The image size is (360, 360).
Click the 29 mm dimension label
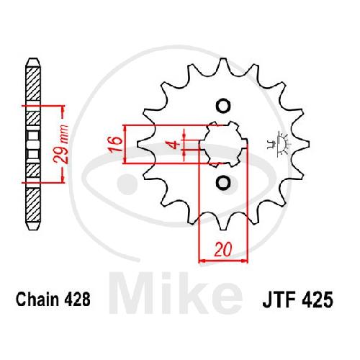pyautogui.click(x=61, y=144)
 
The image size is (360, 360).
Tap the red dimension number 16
pyautogui.click(x=114, y=144)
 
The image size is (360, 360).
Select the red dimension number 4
pyautogui.click(x=175, y=145)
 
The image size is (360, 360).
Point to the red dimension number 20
pyautogui.click(x=223, y=249)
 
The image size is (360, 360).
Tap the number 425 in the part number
pyautogui.click(x=318, y=300)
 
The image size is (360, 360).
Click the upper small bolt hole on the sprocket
pyautogui.click(x=223, y=106)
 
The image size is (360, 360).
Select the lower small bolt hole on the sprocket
pyautogui.click(x=223, y=183)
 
